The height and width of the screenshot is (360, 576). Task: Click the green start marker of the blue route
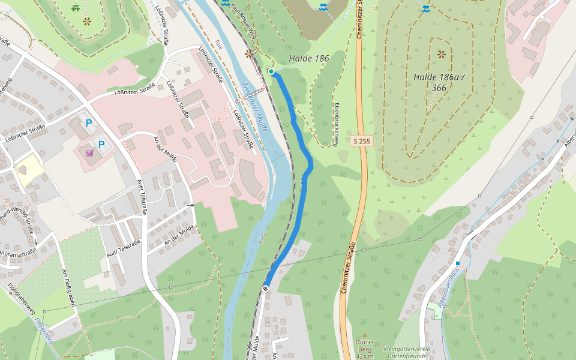coord(271,72)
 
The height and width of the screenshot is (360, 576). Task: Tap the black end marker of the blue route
coord(265,289)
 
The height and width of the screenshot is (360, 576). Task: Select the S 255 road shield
coord(361,141)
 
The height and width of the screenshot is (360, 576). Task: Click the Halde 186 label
coord(309,58)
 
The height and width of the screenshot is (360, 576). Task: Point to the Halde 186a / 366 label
coord(439,82)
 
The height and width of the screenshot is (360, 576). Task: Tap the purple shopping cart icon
coord(89,153)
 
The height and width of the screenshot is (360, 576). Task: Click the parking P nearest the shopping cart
coord(101,145)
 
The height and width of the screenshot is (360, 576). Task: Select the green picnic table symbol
coord(76,8)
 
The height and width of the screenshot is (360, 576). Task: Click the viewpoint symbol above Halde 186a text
coord(442,55)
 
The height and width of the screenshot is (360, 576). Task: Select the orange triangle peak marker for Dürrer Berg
coord(364,335)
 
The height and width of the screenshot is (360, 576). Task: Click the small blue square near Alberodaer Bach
coord(457,263)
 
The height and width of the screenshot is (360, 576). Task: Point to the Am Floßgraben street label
coord(68,288)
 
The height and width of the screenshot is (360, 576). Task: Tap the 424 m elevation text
coord(365,356)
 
